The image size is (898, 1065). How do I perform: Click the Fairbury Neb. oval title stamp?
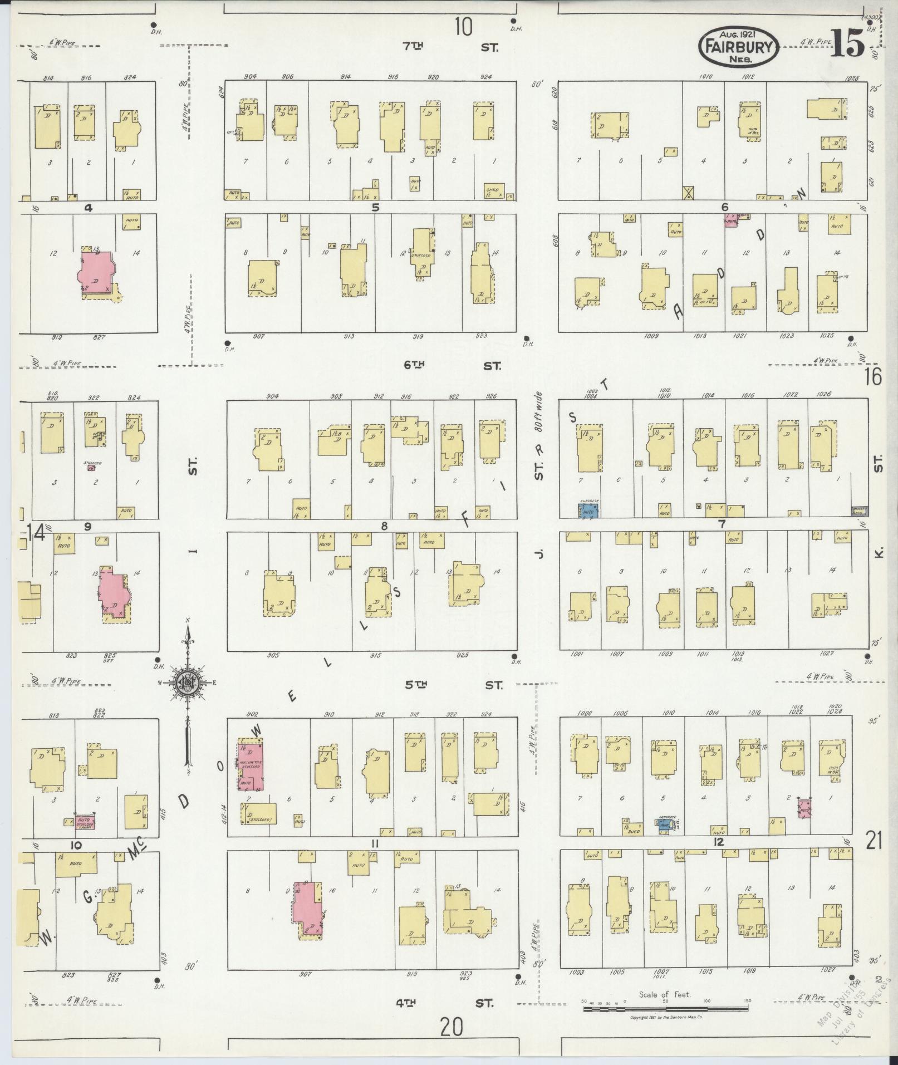(738, 44)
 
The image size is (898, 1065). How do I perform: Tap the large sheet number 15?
(848, 43)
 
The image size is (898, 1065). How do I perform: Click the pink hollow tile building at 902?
(251, 766)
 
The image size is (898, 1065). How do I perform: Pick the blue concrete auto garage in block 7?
(588, 511)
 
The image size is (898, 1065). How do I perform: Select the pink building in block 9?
(115, 593)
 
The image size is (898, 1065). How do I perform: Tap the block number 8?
(384, 525)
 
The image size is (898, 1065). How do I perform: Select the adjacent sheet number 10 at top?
(463, 26)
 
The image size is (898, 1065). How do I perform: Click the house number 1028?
(852, 77)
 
